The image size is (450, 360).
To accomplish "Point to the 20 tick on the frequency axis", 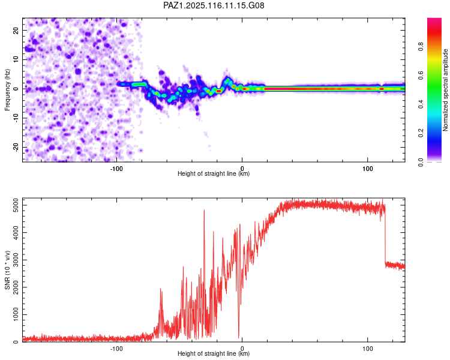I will pos(16,30).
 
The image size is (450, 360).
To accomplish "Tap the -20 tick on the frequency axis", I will pos(15,147).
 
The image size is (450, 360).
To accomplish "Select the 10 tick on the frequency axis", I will pos(16,59).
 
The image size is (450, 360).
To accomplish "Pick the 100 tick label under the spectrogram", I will pos(368,169).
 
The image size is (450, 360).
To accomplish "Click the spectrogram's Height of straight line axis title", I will pos(214,174).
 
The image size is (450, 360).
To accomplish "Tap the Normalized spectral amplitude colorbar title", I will pos(446,90).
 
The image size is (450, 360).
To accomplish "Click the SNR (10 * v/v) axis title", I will pos(7,269).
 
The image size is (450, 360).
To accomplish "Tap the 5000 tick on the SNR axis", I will pos(13,206).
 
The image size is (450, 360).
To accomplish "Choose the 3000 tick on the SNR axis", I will pos(13,260).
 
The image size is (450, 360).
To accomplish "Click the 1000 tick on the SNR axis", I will pos(13,315).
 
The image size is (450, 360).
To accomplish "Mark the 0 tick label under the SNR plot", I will pos(242,349).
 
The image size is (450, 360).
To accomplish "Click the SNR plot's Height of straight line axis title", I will pos(214,354).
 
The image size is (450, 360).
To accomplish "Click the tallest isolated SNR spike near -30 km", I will pos(204,211).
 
